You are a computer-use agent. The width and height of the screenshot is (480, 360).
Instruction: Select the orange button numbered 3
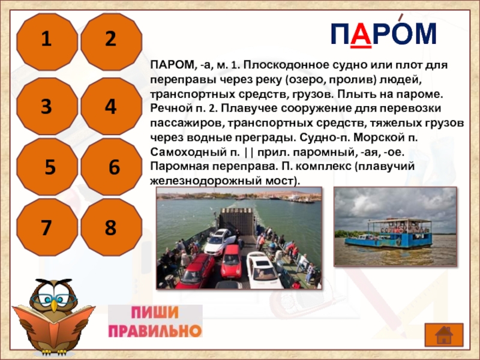[x=47, y=106]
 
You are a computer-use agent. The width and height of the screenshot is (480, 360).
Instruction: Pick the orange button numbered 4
[x=112, y=106]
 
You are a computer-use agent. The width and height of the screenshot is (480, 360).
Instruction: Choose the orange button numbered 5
[x=47, y=167]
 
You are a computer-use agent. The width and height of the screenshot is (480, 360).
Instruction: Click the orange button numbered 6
[x=112, y=167]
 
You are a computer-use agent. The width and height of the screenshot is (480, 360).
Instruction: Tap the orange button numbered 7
[x=47, y=227]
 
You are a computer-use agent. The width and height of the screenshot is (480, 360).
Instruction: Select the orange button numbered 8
[x=112, y=227]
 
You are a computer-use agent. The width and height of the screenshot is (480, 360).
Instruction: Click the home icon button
[x=444, y=335]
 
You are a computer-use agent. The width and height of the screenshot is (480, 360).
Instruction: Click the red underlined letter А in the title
[x=361, y=34]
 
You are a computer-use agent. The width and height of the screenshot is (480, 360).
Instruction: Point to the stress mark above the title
[x=400, y=18]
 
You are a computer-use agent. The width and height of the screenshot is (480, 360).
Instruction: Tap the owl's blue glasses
[x=53, y=298]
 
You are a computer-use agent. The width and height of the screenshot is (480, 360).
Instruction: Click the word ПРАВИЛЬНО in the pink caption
[x=155, y=331]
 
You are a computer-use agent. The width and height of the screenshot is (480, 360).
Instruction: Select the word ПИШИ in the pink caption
[x=155, y=313]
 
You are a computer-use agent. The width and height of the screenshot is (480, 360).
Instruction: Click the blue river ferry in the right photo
[x=388, y=233]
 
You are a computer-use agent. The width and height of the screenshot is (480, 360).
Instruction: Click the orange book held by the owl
[x=53, y=324]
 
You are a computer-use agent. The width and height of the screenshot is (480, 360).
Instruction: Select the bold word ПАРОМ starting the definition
[x=172, y=65]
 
